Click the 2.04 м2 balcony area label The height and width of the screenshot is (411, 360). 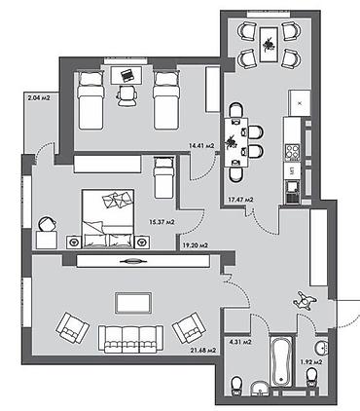click(x=39, y=97)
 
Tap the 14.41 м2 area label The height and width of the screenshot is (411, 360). click(x=201, y=146)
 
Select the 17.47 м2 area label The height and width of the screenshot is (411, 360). click(x=240, y=200)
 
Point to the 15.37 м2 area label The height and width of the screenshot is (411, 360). click(x=162, y=222)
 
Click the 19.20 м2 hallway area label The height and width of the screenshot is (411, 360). click(x=196, y=245)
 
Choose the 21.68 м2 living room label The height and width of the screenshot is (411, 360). click(x=203, y=351)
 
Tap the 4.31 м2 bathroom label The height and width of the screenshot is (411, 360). click(x=241, y=342)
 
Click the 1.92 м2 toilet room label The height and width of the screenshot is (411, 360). click(x=311, y=361)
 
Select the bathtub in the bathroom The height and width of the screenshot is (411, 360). click(x=281, y=360)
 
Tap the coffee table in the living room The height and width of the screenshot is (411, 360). click(x=133, y=303)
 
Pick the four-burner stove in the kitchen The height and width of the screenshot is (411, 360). click(x=292, y=153)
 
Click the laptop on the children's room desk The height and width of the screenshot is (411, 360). click(x=127, y=76)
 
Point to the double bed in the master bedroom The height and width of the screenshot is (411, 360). click(x=108, y=219)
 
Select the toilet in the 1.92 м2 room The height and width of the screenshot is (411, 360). click(x=311, y=378)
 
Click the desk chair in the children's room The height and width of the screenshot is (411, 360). click(x=126, y=95)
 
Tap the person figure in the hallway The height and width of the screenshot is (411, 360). click(x=305, y=300)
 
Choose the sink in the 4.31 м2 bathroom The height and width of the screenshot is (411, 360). click(x=260, y=389)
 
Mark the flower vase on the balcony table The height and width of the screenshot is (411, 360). click(x=269, y=45)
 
